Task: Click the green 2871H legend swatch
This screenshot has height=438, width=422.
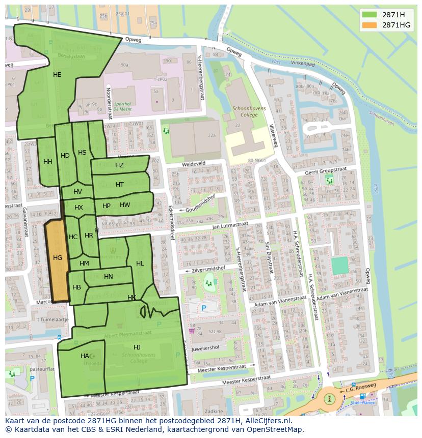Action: tap(370, 15)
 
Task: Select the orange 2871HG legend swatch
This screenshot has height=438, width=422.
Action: tap(370, 25)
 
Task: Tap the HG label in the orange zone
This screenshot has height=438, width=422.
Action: tap(58, 258)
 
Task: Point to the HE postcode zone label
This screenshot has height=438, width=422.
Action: tap(57, 75)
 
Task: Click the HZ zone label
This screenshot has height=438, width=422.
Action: tap(119, 165)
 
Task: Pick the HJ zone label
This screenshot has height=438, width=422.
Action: tap(137, 347)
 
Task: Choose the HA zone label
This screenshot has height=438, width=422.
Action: tap(85, 356)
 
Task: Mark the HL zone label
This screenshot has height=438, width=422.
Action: tap(140, 263)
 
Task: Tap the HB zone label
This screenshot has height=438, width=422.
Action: tap(76, 287)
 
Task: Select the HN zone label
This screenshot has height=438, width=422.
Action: tap(108, 277)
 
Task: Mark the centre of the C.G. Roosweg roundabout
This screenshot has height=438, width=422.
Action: tap(331, 398)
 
